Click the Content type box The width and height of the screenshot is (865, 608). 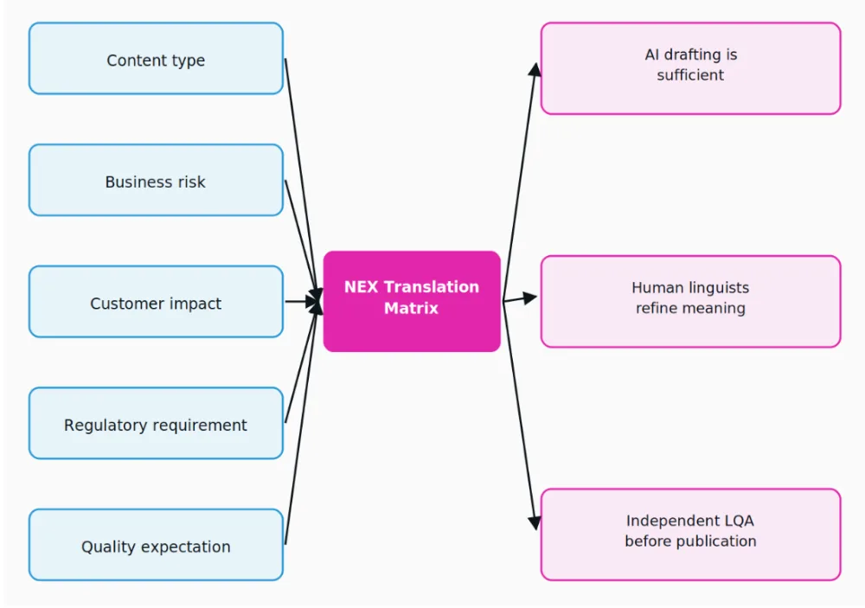[x=156, y=59]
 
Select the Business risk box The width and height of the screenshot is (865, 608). [x=156, y=181]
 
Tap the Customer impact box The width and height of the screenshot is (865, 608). [x=156, y=302]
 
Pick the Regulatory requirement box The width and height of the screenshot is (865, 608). [x=156, y=423]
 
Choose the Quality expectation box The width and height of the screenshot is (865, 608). [x=156, y=545]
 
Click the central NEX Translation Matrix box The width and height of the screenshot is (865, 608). [x=412, y=301]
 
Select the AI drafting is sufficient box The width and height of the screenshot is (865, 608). [x=690, y=68]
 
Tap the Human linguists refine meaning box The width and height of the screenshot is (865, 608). [x=690, y=301]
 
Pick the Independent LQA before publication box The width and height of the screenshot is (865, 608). [x=690, y=534]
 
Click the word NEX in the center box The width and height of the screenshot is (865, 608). [x=362, y=287]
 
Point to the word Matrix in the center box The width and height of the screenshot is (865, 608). [x=411, y=308]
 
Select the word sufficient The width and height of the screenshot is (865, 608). [x=690, y=75]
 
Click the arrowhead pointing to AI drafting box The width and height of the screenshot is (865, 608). [x=535, y=69]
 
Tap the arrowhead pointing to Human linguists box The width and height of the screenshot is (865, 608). [x=529, y=298]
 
